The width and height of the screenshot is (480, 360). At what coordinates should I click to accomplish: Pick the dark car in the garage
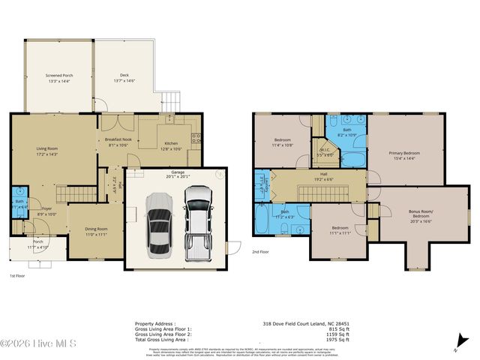point(158,223)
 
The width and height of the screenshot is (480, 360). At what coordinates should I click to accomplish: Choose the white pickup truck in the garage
point(199,219)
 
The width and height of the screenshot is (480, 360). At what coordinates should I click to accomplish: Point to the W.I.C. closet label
point(325,151)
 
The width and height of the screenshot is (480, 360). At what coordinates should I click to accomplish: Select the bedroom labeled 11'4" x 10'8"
point(283,142)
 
